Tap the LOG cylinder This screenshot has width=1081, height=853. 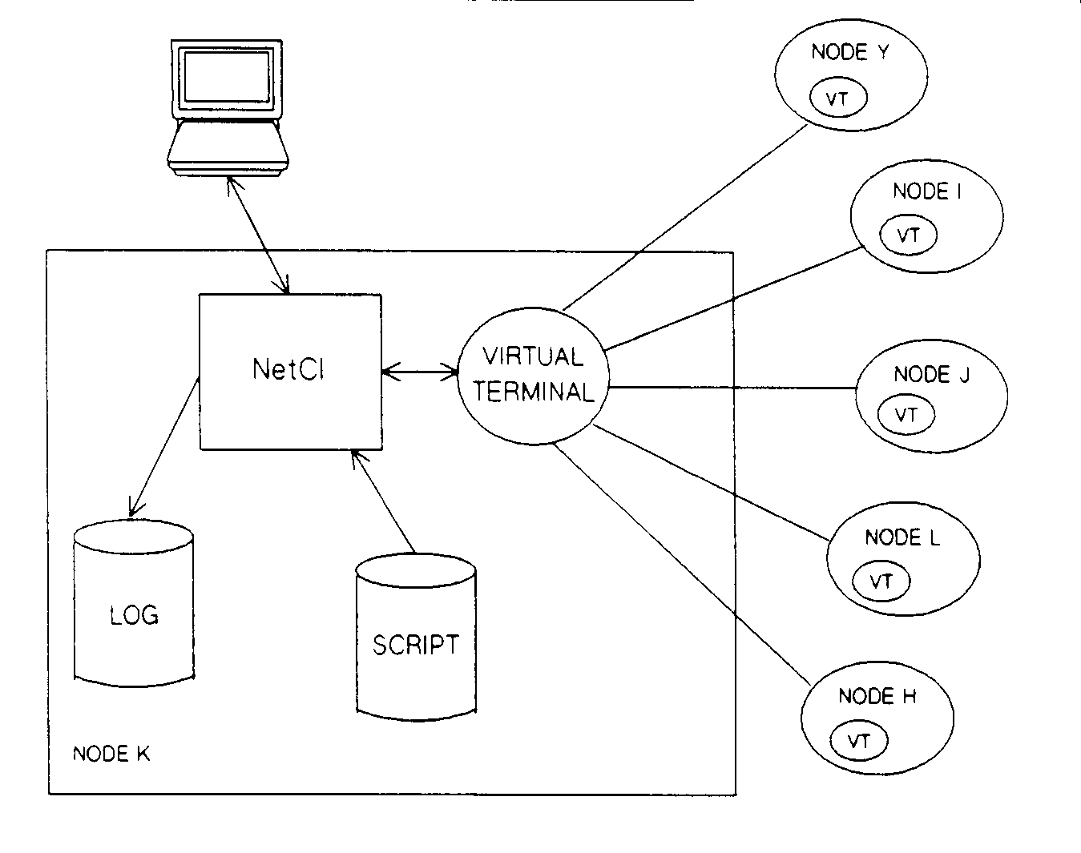[134, 614]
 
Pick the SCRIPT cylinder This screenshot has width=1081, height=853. [415, 644]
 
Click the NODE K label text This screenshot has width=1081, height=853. [111, 754]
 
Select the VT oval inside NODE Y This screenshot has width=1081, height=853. [838, 99]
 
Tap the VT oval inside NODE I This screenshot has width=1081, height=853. [908, 235]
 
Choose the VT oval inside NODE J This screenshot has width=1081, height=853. [906, 414]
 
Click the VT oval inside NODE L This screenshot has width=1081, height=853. [881, 581]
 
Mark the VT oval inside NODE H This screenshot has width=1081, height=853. [859, 740]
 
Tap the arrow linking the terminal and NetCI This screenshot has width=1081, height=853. [258, 234]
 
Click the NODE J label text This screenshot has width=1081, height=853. [931, 374]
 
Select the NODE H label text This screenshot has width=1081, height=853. [877, 696]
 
